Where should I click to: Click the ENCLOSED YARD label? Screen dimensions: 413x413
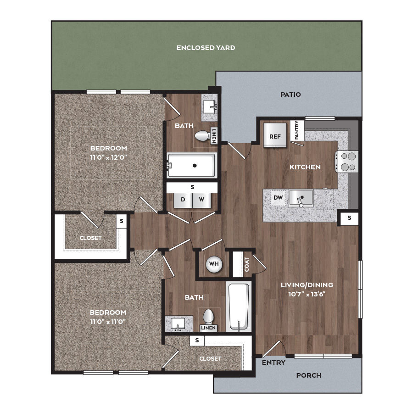point(206,48)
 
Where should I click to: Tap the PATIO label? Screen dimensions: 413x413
point(290,94)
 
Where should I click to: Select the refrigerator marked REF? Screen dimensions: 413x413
point(275,135)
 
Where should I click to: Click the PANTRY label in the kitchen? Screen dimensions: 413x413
point(297,130)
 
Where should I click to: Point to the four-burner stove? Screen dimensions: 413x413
point(347,162)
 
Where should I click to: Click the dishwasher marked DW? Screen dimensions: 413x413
point(278,197)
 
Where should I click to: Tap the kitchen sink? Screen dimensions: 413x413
point(301,198)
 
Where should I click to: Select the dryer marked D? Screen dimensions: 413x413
point(183,200)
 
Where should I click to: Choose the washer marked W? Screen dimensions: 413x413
point(202,200)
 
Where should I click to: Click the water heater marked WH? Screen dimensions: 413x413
point(214,264)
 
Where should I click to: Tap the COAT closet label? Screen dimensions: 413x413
point(247,264)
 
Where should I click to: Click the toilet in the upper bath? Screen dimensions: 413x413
point(202,136)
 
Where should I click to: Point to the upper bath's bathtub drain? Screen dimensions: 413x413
point(195,166)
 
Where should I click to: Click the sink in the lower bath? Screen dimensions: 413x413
point(178,324)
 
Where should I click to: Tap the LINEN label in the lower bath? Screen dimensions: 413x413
point(208,328)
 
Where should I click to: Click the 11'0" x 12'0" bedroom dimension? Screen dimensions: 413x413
point(109,157)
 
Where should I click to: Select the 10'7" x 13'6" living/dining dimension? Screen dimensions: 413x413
point(307,294)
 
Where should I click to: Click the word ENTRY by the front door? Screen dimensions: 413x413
point(273,363)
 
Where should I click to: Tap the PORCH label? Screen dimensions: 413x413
point(309,375)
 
